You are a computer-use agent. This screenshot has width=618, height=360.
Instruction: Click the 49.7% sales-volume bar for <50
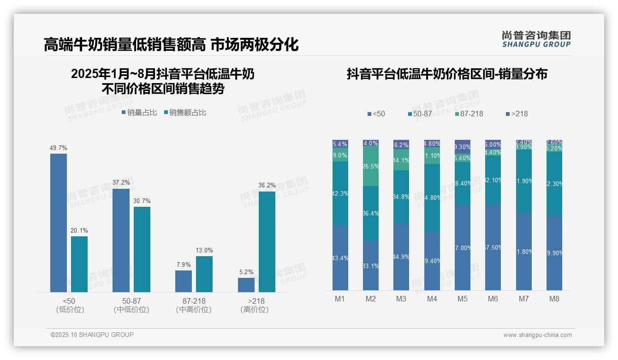pyautogui.click(x=59, y=223)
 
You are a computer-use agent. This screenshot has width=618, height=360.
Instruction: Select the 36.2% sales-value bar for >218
pyautogui.click(x=267, y=242)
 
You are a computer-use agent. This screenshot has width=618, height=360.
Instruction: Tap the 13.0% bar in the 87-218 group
pyautogui.click(x=204, y=274)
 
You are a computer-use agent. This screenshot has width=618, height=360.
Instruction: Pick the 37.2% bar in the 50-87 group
pyautogui.click(x=121, y=240)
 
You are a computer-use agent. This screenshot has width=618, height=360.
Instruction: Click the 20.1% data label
pyautogui.click(x=79, y=231)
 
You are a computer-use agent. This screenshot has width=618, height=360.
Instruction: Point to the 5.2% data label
pyautogui.click(x=246, y=272)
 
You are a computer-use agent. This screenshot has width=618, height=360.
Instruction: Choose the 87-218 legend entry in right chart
pyautogui.click(x=469, y=114)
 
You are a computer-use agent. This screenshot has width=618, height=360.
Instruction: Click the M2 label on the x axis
pyautogui.click(x=370, y=299)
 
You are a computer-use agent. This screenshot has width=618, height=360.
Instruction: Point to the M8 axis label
pyautogui.click(x=554, y=299)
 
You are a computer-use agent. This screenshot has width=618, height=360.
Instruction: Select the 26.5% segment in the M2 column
pyautogui.click(x=371, y=167)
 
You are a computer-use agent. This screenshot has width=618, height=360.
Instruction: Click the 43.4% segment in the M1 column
pyautogui.click(x=340, y=258)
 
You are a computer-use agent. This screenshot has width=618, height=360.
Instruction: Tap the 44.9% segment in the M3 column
pyautogui.click(x=401, y=257)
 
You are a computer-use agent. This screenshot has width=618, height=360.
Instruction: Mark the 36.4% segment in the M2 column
pyautogui.click(x=371, y=213)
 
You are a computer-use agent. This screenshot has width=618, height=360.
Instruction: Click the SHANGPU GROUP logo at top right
pyautogui.click(x=536, y=39)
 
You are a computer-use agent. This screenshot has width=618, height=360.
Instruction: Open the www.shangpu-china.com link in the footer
pyautogui.click(x=537, y=335)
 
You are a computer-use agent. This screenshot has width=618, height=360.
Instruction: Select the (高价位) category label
pyautogui.click(x=254, y=310)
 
